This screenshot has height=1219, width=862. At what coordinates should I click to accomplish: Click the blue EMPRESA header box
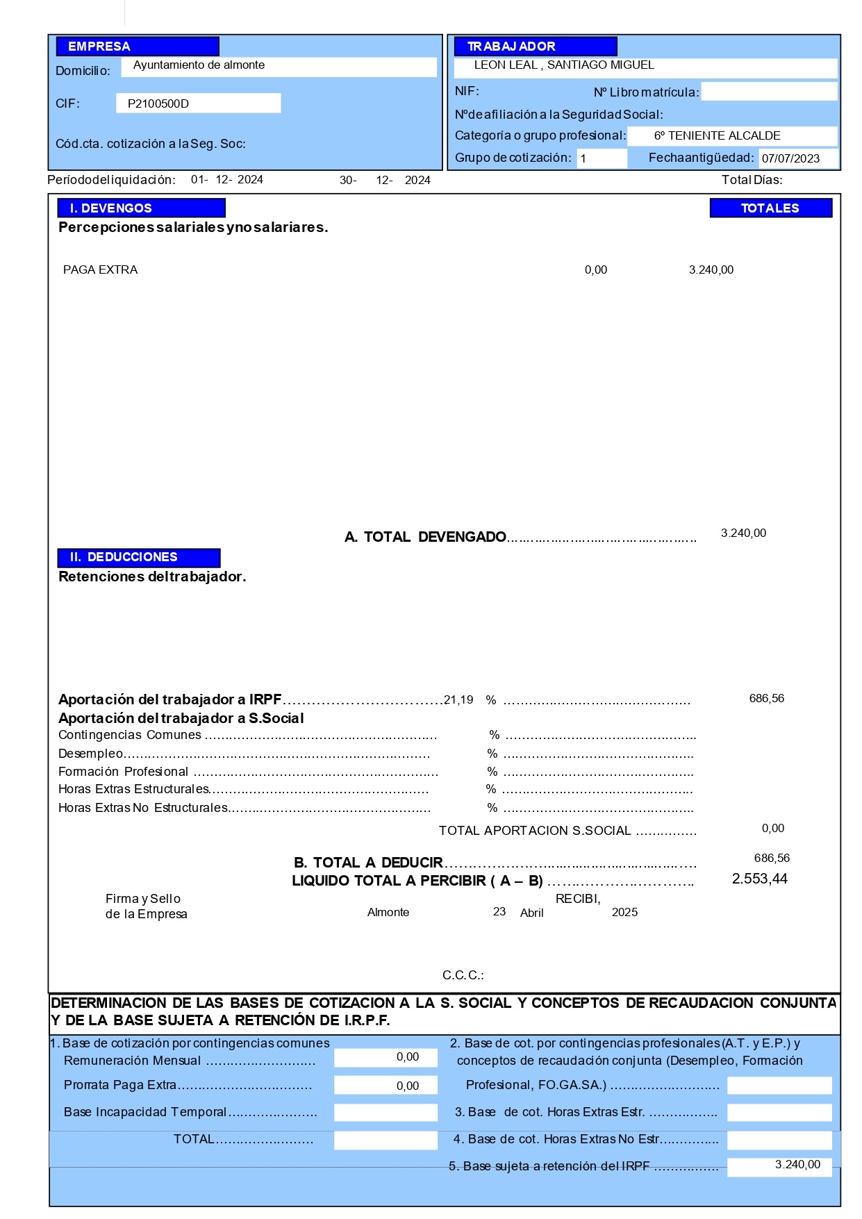pyautogui.click(x=138, y=47)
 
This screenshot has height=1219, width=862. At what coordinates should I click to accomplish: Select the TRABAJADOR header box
pyautogui.click(x=535, y=47)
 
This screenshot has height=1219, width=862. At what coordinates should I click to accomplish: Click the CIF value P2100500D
pyautogui.click(x=158, y=103)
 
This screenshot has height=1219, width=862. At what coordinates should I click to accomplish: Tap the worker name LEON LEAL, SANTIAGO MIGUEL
pyautogui.click(x=564, y=65)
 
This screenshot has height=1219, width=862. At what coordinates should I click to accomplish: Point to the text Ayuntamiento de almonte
pyautogui.click(x=199, y=65)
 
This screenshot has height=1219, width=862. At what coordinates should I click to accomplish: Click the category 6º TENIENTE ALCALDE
pyautogui.click(x=717, y=136)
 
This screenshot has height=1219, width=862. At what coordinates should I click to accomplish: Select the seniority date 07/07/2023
pyautogui.click(x=790, y=158)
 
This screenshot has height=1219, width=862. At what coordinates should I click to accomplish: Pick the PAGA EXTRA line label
pyautogui.click(x=101, y=269)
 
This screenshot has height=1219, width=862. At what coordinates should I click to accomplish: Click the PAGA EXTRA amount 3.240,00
pyautogui.click(x=711, y=269)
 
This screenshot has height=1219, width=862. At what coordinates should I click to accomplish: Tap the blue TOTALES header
pyautogui.click(x=770, y=208)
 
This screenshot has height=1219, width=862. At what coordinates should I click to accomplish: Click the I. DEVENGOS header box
pyautogui.click(x=141, y=208)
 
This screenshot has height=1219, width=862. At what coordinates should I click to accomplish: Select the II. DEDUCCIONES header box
pyautogui.click(x=138, y=557)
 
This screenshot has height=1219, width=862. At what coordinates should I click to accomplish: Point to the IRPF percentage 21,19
pyautogui.click(x=458, y=699)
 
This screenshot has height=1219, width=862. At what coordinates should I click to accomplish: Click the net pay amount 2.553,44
pyautogui.click(x=759, y=879)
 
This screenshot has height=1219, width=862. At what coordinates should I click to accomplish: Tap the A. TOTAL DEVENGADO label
pyautogui.click(x=425, y=537)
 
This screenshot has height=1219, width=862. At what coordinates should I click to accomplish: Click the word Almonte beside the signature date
pyautogui.click(x=388, y=912)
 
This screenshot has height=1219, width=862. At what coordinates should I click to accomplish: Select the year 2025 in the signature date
pyautogui.click(x=624, y=912)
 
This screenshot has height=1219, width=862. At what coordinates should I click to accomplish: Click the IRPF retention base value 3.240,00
pyautogui.click(x=797, y=1165)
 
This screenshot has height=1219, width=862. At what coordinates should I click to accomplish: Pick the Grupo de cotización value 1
pyautogui.click(x=583, y=158)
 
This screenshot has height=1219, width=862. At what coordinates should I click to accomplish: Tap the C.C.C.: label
pyautogui.click(x=463, y=975)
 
